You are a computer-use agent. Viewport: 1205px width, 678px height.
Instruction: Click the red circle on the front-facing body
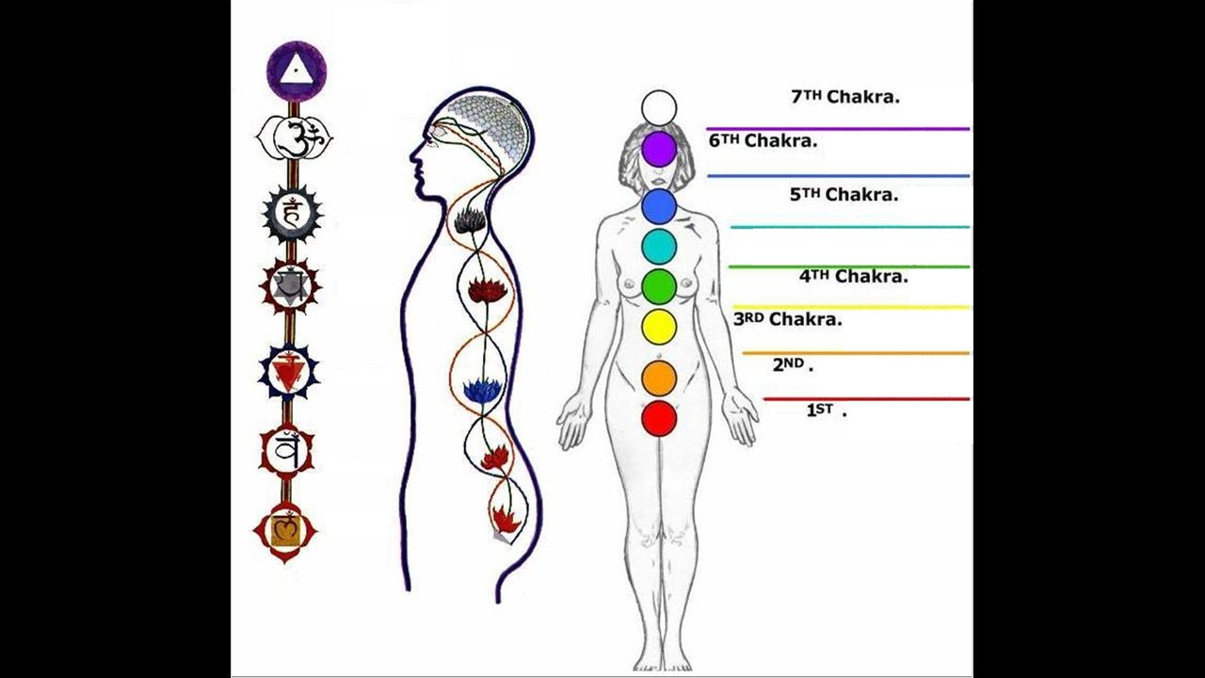click(659, 418)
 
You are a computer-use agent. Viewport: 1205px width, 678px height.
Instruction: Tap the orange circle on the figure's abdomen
click(659, 378)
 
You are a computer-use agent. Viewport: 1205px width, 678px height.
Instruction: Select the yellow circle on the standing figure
click(659, 327)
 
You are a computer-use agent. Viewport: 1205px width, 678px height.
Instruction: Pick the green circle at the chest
click(659, 286)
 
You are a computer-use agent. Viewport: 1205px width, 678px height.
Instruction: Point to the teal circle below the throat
click(659, 246)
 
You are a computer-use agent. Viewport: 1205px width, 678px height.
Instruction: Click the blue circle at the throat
click(659, 206)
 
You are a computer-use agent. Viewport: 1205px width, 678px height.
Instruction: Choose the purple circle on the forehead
click(659, 149)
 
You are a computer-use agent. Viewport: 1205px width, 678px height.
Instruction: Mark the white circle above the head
click(659, 107)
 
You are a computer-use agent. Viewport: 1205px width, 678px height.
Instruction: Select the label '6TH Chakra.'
click(763, 141)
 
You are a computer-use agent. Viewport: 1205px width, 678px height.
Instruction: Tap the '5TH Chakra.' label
click(843, 195)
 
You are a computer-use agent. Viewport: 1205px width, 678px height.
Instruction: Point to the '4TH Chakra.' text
click(853, 277)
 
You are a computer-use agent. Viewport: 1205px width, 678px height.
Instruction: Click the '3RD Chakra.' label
click(787, 319)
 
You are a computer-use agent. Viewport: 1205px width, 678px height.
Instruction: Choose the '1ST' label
click(826, 411)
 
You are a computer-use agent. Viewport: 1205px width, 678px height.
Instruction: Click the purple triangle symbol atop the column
click(296, 71)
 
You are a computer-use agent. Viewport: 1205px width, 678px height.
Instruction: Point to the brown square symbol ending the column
click(284, 531)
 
